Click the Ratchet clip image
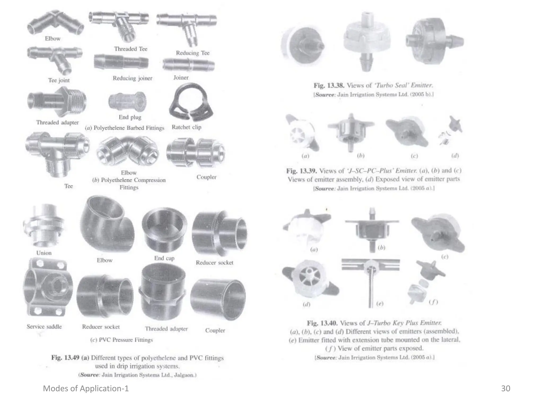click(x=190, y=102)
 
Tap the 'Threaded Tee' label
click(x=131, y=49)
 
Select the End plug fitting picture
click(x=127, y=102)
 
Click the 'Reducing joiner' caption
click(x=133, y=78)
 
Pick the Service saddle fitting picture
click(x=48, y=287)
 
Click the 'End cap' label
click(x=164, y=258)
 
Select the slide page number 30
click(x=506, y=388)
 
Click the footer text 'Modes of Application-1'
click(x=86, y=388)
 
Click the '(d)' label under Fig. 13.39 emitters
click(x=455, y=156)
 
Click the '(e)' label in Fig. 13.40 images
click(x=380, y=304)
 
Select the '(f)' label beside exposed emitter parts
click(x=433, y=302)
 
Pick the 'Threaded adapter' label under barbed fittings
click(x=58, y=122)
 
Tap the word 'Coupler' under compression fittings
click(x=207, y=177)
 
